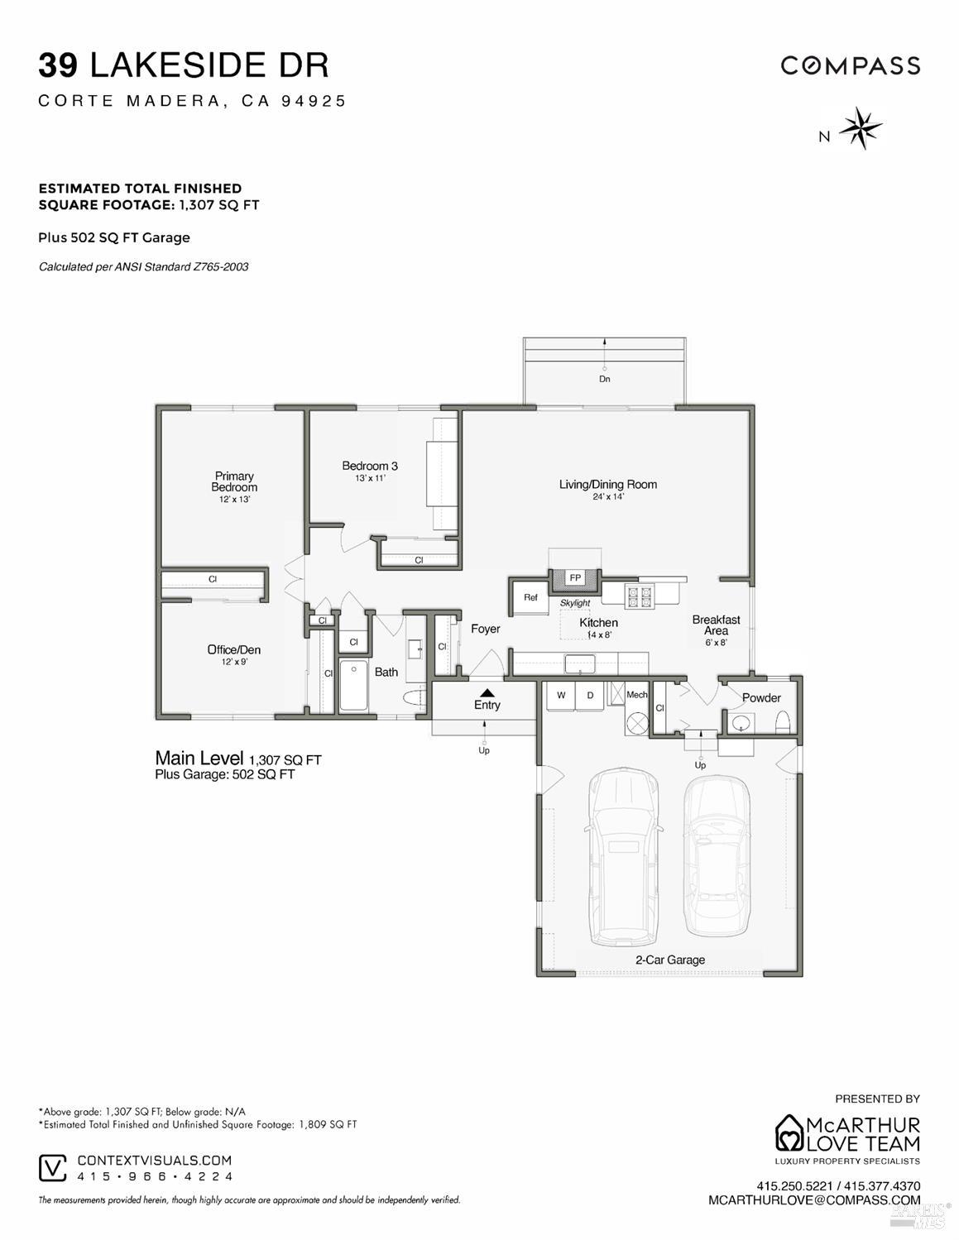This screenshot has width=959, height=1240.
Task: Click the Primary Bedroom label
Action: click(234, 481)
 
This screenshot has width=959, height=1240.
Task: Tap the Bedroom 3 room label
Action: click(370, 466)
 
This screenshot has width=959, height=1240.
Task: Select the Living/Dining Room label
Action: click(607, 485)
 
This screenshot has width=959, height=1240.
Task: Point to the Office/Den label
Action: click(233, 650)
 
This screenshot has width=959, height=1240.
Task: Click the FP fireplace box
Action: click(574, 577)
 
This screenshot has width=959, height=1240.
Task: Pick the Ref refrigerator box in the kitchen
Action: click(530, 597)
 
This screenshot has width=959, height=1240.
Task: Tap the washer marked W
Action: click(560, 696)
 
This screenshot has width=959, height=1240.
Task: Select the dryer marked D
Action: click(590, 696)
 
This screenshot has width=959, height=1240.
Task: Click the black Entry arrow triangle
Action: click(487, 692)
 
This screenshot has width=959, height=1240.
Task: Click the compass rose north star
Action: click(861, 129)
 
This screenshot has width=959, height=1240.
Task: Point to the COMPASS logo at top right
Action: click(850, 65)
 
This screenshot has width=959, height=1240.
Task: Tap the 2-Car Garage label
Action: click(669, 960)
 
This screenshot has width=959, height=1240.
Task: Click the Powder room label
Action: click(760, 698)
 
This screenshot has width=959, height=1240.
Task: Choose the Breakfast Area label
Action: click(716, 625)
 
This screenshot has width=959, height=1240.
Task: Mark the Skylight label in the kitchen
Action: click(574, 603)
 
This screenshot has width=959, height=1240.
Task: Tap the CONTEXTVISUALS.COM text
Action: click(154, 1161)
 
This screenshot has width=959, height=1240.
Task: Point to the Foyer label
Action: click(486, 629)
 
